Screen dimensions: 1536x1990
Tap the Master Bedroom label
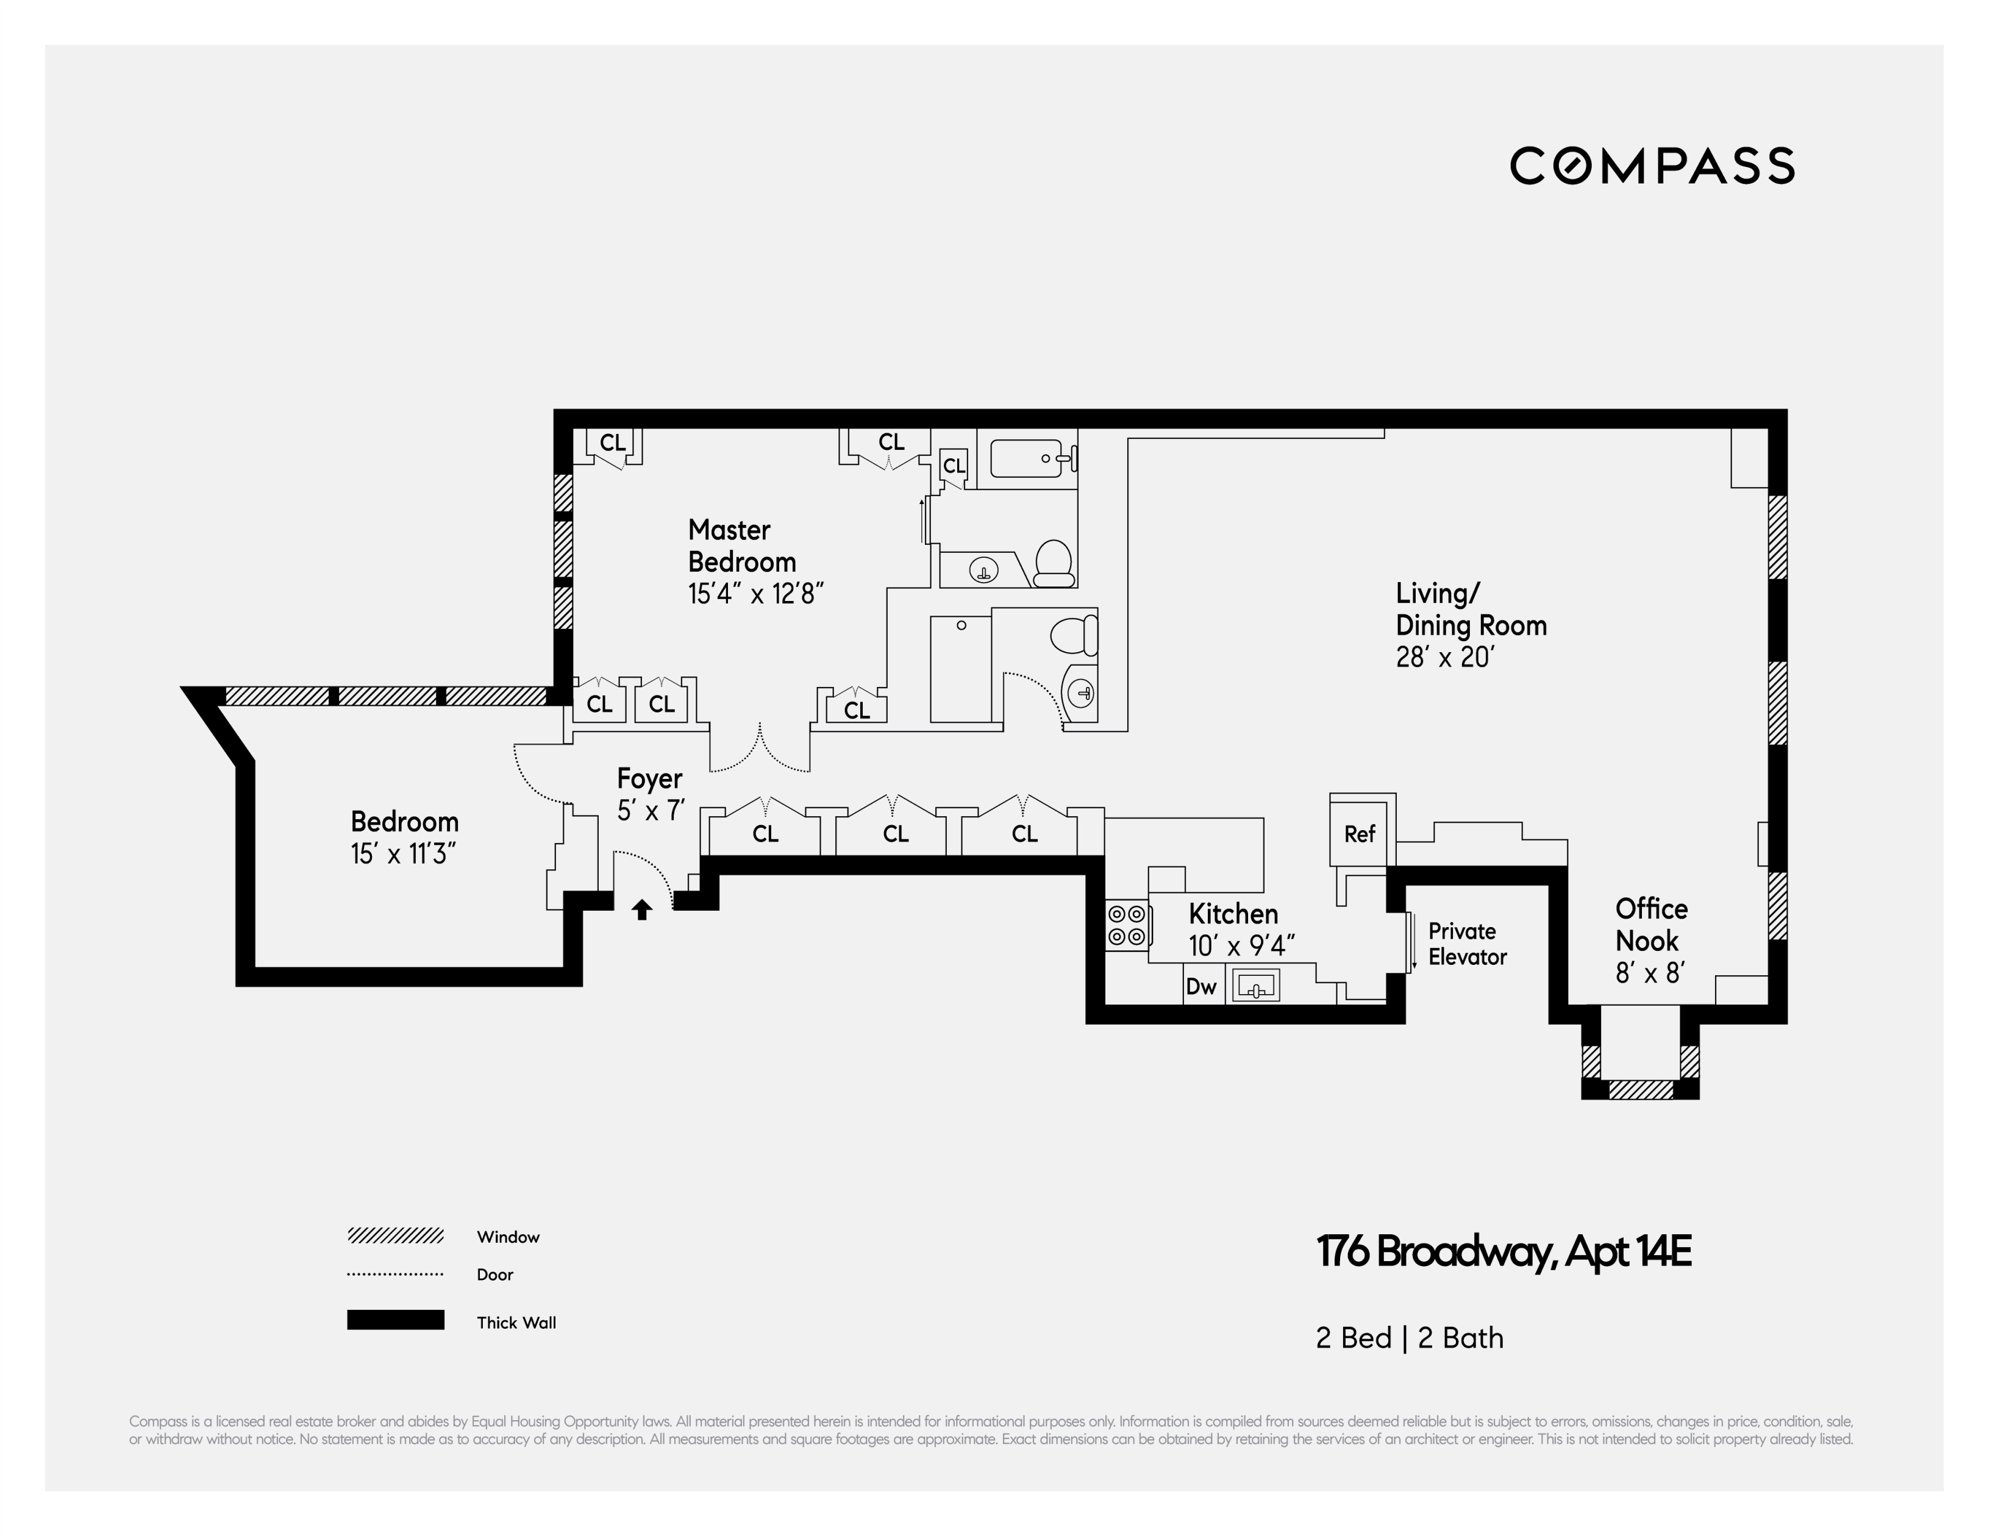point(742,546)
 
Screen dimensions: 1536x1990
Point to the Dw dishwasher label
point(1202,987)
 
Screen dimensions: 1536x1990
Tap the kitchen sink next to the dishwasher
point(1255,986)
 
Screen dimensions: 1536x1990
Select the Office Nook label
point(1651,925)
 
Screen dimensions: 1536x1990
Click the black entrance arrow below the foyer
point(643,909)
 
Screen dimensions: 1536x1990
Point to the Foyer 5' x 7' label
point(650,794)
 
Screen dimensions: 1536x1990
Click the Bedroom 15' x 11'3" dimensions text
point(404,855)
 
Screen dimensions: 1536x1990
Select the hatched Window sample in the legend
point(396,1236)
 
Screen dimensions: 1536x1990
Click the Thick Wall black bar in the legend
point(396,1320)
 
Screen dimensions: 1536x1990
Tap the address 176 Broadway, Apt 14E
point(1503,1252)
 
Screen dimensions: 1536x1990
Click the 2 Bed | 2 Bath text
point(1410,1339)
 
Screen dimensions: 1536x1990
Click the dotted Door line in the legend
point(396,1275)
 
